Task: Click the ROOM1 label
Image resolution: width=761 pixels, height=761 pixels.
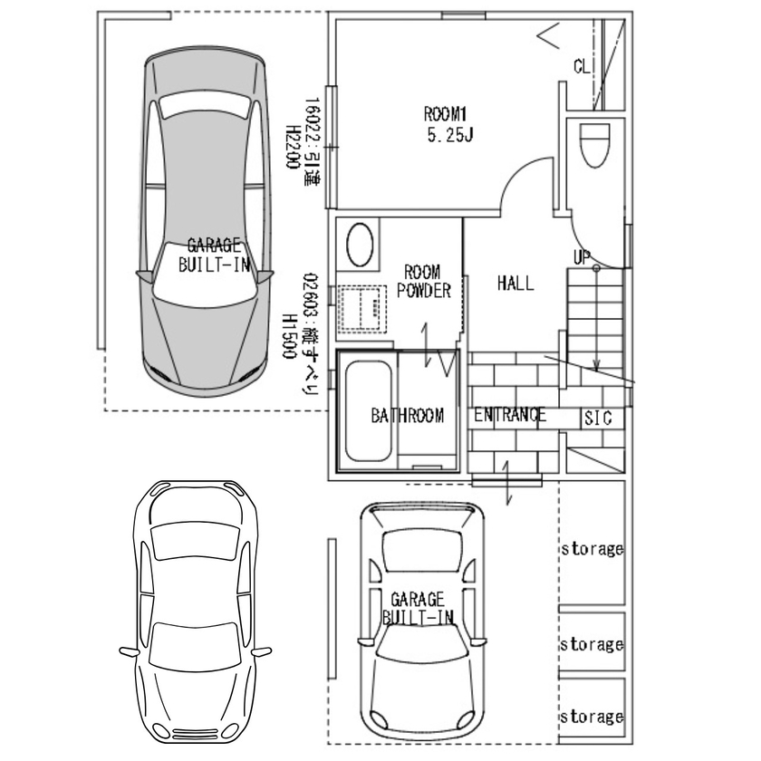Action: click(x=444, y=114)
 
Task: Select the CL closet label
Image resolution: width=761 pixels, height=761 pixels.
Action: click(x=583, y=65)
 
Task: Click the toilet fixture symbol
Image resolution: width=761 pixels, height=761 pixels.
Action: click(x=593, y=146)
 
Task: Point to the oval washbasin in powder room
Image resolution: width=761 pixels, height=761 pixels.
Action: click(x=360, y=245)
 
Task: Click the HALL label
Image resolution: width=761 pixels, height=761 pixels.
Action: click(x=515, y=283)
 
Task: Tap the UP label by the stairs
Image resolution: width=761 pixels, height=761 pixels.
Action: click(x=581, y=258)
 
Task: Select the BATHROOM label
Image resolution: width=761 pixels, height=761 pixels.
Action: click(x=408, y=416)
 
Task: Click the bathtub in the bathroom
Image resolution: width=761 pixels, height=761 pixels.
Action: click(x=366, y=413)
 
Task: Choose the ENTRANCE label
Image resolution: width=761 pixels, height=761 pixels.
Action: click(x=510, y=416)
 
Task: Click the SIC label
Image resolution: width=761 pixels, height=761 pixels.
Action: click(x=597, y=419)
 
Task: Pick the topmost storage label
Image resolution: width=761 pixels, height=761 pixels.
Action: click(x=592, y=548)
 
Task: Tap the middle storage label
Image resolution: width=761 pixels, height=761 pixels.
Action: click(x=592, y=645)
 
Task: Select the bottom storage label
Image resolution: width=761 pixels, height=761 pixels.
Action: click(x=592, y=717)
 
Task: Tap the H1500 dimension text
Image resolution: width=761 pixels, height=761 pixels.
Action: click(x=290, y=337)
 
